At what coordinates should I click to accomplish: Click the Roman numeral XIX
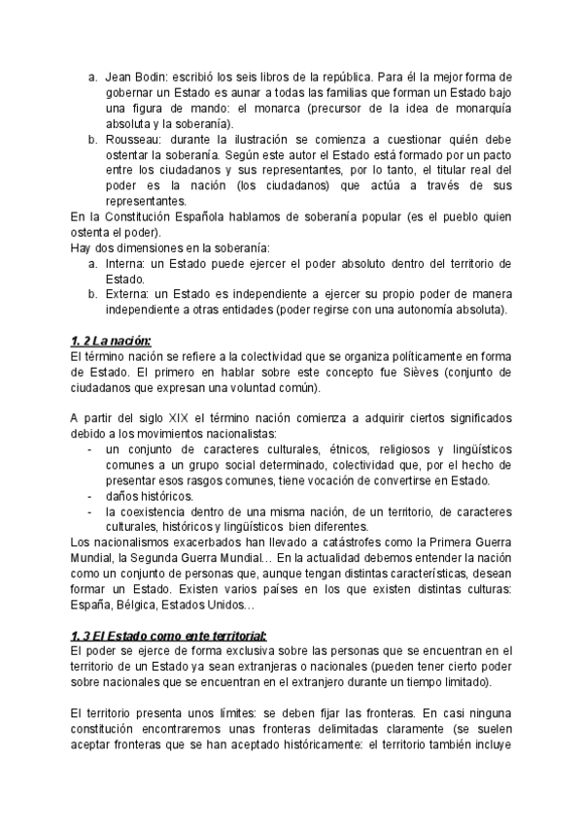179,418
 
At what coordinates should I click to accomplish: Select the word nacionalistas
228,434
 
